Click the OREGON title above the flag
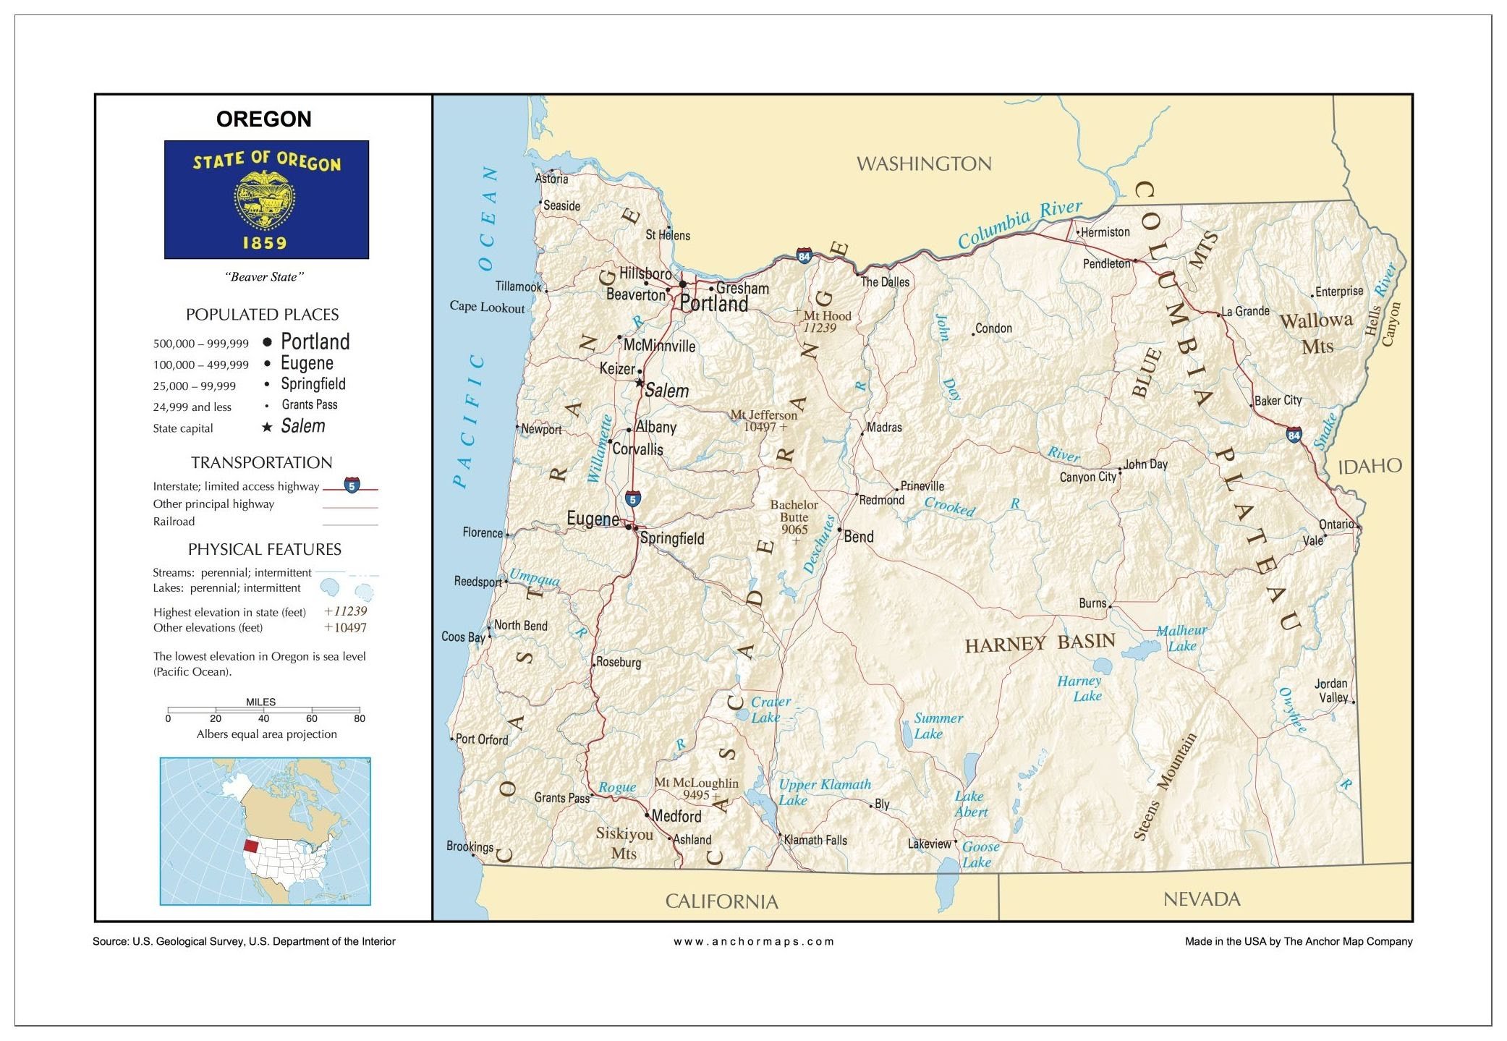coord(263,119)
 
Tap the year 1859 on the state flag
coord(264,243)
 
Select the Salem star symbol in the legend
coord(267,428)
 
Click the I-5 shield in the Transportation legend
coord(352,485)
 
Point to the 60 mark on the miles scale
coord(311,718)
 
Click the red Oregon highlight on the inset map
coord(251,846)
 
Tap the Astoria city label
coord(551,179)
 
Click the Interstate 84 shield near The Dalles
coord(804,255)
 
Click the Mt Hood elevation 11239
coord(820,328)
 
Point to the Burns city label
coord(1092,603)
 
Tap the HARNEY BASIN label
coord(1040,643)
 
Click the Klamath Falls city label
coord(815,840)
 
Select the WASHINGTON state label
coord(924,164)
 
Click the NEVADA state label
coord(1202,899)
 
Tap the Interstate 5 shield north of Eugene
coord(632,498)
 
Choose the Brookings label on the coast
coord(470,846)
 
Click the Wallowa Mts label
coord(1316,333)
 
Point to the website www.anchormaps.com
coord(753,941)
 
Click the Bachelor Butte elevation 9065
coord(794,530)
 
